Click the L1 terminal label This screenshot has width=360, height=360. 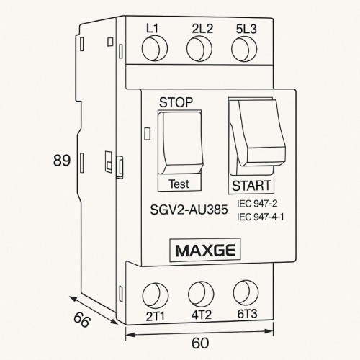point(153,29)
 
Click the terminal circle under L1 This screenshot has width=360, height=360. point(153,50)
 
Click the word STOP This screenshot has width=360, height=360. point(176,102)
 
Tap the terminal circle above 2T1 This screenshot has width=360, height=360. point(153,294)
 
